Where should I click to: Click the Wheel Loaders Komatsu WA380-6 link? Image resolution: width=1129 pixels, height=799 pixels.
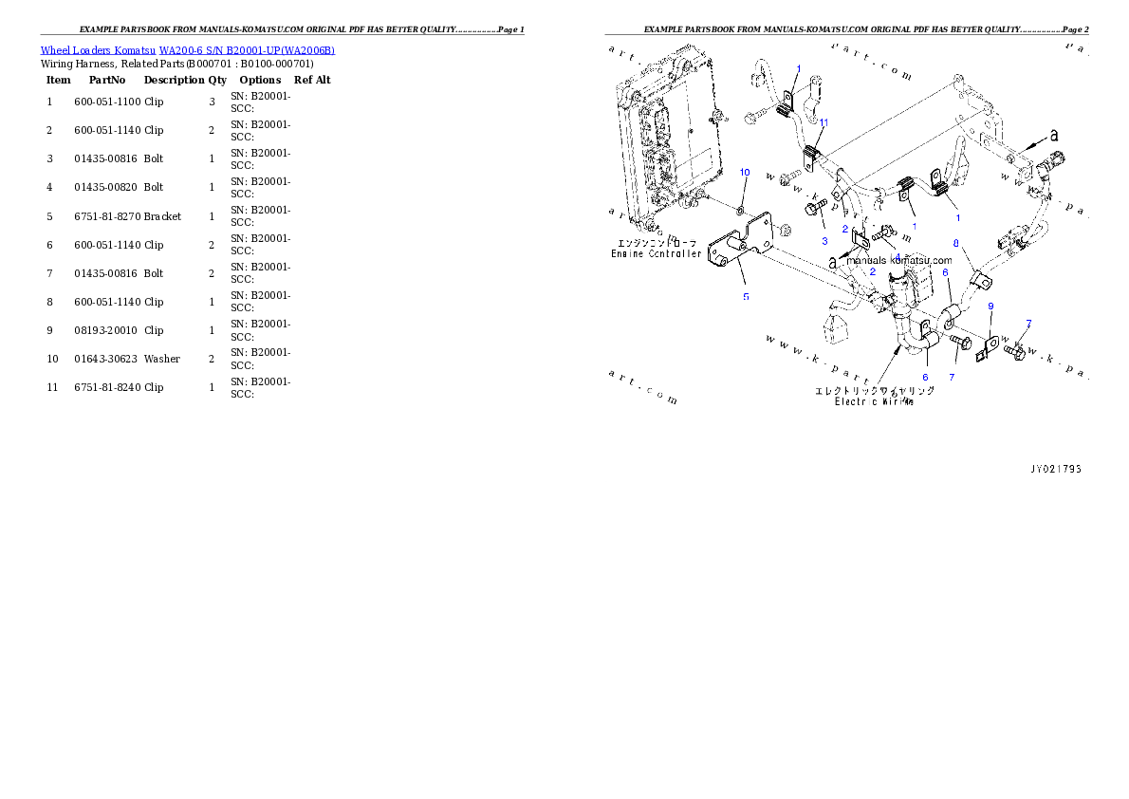click(x=187, y=50)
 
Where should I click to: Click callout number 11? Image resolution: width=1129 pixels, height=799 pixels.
click(x=824, y=122)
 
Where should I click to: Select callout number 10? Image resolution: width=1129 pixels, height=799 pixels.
click(x=745, y=172)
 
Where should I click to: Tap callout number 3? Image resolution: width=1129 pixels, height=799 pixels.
click(x=824, y=241)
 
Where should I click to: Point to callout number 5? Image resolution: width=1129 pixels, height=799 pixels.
click(x=746, y=297)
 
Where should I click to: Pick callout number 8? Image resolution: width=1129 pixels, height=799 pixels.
click(x=955, y=243)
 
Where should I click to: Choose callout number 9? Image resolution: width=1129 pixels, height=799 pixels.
click(x=990, y=306)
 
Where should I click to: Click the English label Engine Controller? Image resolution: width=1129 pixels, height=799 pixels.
click(x=657, y=254)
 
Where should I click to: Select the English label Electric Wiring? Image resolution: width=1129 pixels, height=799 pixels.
click(x=874, y=401)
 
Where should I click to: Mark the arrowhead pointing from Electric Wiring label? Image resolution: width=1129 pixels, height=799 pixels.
click(x=897, y=349)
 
